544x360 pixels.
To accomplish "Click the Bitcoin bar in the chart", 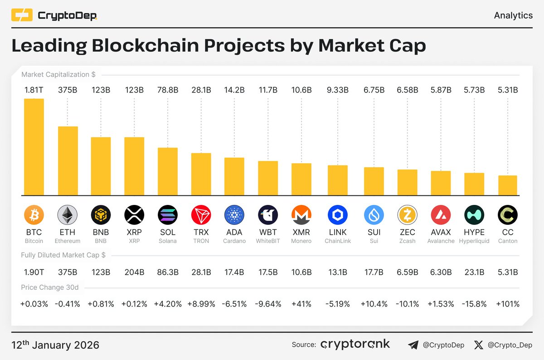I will tap(34, 147).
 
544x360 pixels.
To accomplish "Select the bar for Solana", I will tap(168, 171).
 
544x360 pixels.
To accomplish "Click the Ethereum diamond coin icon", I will tap(68, 214).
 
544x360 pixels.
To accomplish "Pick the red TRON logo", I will tap(201, 214).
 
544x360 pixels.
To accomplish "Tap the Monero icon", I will tap(301, 214).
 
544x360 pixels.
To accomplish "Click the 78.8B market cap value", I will tap(168, 90).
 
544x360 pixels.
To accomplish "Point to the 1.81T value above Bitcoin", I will tap(34, 90).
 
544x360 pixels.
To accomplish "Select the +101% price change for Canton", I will tap(508, 304).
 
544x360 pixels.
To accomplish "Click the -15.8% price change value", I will tap(474, 304).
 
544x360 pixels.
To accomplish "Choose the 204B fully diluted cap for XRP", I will tap(134, 272).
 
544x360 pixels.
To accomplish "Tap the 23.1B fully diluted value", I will tap(474, 272).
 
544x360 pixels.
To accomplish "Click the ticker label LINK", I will tap(338, 233).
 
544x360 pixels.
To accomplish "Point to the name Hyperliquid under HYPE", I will tap(474, 241).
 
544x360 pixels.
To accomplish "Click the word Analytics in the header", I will tap(513, 15).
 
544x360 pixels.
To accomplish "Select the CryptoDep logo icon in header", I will tap(22, 16).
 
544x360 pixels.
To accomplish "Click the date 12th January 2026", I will tap(55, 345).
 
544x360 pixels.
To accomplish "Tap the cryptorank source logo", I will tap(355, 345).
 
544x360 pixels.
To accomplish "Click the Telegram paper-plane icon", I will tap(413, 345).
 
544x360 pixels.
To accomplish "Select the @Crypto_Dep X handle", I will tap(510, 345).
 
